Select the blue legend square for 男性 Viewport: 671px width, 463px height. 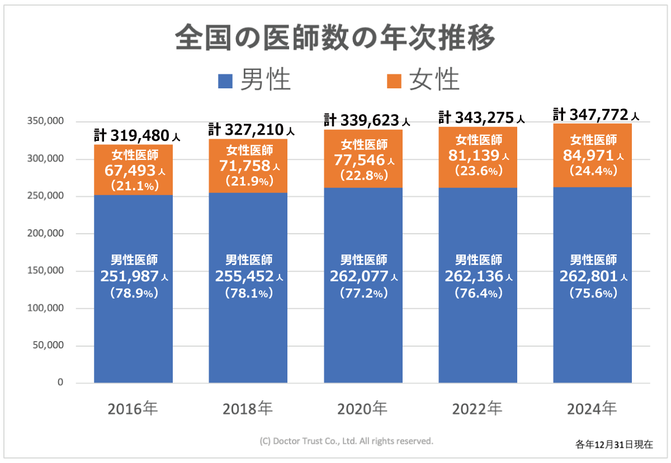224,81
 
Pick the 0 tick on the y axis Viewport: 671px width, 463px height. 60,383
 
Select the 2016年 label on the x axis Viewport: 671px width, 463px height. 133,409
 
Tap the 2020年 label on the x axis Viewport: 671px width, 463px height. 362,409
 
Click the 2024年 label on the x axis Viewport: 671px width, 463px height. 592,409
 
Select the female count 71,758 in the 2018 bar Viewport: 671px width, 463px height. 244,166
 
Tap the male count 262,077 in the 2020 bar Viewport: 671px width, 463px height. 359,276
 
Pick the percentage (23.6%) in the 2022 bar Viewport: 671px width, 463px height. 477,172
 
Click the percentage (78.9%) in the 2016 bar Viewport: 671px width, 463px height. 133,292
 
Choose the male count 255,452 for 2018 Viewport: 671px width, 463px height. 244,276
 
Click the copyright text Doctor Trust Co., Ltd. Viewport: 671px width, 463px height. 347,441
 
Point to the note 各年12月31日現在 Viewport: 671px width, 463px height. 614,445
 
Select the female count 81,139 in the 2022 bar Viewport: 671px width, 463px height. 473,156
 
